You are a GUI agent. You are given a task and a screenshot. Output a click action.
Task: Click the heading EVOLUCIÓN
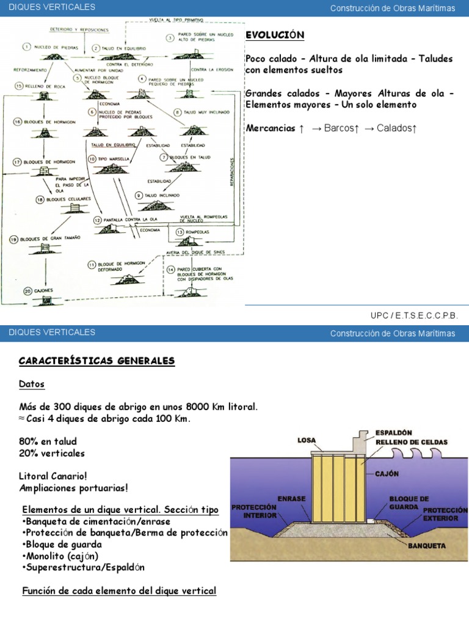coord(274,35)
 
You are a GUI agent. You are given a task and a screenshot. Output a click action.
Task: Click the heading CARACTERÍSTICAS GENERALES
coord(96,361)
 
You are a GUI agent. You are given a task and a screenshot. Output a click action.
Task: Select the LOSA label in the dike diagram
coord(307,440)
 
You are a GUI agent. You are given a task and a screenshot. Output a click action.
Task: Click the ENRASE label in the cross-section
coord(292,499)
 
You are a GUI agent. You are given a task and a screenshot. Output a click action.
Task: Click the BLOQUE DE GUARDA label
coord(409,503)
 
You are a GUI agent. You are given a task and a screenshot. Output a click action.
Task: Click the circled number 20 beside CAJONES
coord(27,290)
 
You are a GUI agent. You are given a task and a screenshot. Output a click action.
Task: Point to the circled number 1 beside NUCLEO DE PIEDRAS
coord(27,46)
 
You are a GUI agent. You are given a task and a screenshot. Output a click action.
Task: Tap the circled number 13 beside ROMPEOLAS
coord(180,232)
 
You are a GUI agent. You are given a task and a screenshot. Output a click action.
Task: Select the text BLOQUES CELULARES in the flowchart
coord(68,199)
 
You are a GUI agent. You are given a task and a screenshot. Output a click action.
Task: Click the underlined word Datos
coord(32,384)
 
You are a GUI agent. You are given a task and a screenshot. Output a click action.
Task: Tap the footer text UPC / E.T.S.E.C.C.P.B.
coord(413,315)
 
